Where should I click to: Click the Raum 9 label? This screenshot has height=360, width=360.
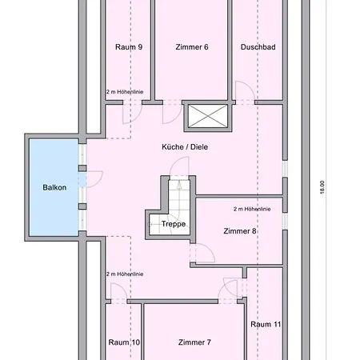click(x=129, y=47)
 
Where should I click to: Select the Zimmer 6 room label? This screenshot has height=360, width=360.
click(x=192, y=47)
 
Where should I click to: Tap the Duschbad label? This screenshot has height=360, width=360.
click(x=258, y=47)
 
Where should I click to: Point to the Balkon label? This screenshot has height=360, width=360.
click(x=54, y=187)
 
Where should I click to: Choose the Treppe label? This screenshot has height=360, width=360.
click(x=173, y=224)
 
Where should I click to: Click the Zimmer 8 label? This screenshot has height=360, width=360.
click(x=240, y=231)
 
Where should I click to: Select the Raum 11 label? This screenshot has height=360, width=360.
click(x=265, y=324)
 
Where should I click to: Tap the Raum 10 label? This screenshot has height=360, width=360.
click(x=124, y=342)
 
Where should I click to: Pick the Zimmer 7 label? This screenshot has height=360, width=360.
click(x=194, y=342)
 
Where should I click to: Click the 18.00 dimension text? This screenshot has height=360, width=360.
click(x=322, y=186)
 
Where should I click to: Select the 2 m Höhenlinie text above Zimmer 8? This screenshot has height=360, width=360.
click(x=252, y=209)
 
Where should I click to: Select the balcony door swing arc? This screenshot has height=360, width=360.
click(x=94, y=179)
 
